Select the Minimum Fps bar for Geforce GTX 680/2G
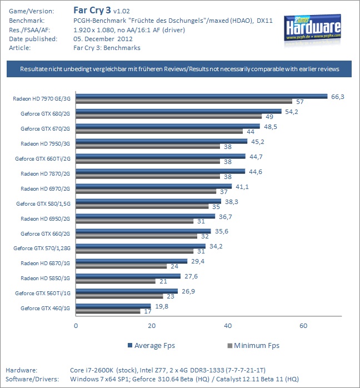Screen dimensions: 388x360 point(168,116)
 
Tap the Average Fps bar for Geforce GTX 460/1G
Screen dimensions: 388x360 point(113,305)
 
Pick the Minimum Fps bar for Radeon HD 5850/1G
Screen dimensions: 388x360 point(115,281)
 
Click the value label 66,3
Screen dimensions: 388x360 point(338,97)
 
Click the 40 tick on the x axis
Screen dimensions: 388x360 point(227,325)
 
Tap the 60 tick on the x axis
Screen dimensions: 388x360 point(303,325)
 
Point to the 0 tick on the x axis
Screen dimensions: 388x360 point(76,325)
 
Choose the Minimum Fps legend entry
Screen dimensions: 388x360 point(253,345)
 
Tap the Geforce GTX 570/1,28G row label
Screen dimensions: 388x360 point(43,248)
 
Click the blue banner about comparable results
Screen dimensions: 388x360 point(179,69)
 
